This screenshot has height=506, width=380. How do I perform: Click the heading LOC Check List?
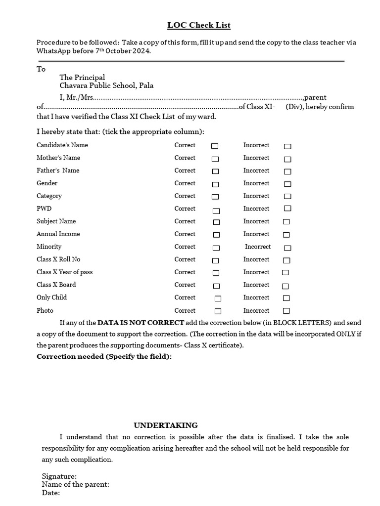[198, 25]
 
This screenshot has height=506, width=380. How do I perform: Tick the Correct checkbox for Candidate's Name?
[215, 146]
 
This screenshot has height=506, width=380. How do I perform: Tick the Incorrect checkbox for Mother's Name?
[287, 159]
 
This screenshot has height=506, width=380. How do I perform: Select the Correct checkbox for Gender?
[215, 184]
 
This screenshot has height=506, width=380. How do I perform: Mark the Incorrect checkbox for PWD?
[287, 209]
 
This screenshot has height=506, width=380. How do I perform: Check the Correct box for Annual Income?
[216, 235]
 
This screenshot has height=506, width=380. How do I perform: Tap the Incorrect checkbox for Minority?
[287, 248]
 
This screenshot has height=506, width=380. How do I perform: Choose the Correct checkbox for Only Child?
[218, 298]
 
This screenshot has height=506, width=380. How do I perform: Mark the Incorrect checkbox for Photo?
[286, 311]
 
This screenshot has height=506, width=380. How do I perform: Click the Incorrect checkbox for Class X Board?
[285, 286]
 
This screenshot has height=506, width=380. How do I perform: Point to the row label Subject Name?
[56, 221]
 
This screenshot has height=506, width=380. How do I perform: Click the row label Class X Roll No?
[58, 259]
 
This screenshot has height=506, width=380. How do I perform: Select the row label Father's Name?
[58, 170]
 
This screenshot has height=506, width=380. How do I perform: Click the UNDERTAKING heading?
[166, 425]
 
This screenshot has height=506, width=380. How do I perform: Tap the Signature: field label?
[59, 476]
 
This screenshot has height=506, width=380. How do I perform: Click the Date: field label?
[51, 493]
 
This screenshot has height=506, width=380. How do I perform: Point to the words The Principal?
[82, 77]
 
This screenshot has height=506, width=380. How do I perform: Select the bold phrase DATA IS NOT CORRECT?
[141, 323]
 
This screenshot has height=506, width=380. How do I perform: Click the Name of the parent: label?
[75, 485]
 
